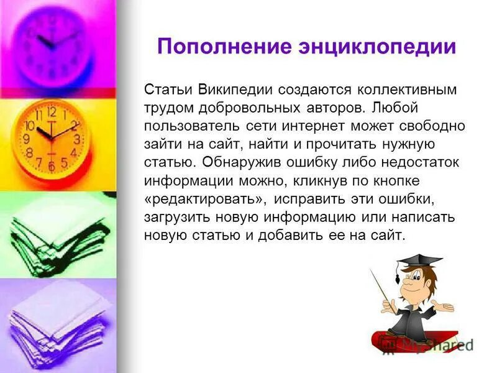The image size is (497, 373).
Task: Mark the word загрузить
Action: tap(175, 218)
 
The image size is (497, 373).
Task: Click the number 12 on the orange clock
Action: tap(52, 113)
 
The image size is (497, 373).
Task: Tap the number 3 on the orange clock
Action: tap(76, 138)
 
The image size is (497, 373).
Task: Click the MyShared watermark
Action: tap(435, 345)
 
